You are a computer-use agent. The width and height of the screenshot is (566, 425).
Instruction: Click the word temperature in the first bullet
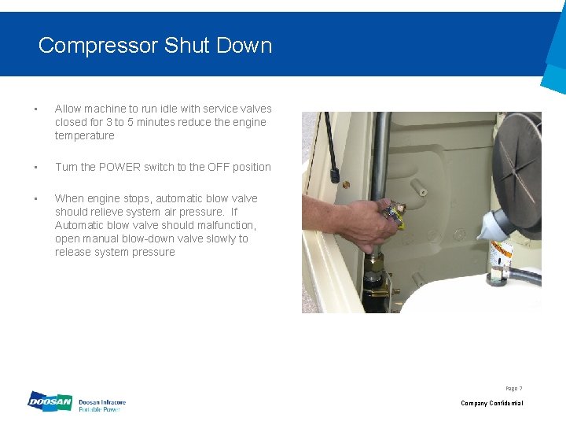tap(84, 135)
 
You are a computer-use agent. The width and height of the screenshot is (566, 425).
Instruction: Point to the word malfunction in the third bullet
tap(224, 225)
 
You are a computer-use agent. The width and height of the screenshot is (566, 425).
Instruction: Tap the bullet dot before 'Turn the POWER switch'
tap(35, 167)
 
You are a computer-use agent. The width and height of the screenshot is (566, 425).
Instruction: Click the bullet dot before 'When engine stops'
tap(35, 198)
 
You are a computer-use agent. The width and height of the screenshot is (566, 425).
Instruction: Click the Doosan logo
tap(50, 402)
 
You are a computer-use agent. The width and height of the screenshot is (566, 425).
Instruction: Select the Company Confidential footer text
tap(491, 403)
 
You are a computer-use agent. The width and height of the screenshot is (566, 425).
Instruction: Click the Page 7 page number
tap(513, 388)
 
